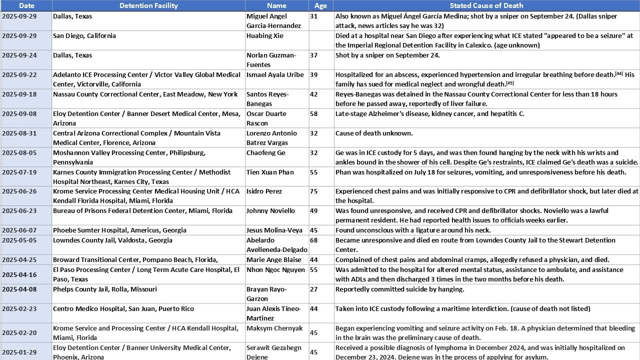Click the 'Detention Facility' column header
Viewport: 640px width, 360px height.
(148, 5)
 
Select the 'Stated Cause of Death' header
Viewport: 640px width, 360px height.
(486, 5)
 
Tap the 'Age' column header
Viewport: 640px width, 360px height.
(320, 5)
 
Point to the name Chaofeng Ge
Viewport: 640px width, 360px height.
(265, 152)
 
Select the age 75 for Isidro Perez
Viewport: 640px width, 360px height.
(314, 191)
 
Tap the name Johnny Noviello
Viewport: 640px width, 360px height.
(270, 210)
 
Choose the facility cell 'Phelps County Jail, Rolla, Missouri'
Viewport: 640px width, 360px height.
(105, 289)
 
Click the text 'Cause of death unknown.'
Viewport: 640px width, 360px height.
(374, 133)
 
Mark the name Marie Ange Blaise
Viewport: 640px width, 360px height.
(274, 259)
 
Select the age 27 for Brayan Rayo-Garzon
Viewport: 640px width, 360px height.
(314, 289)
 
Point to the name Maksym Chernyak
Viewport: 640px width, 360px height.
(274, 328)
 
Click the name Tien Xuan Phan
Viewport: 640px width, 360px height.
(270, 172)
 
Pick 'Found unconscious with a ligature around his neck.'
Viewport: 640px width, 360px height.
(413, 230)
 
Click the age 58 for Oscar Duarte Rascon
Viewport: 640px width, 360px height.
(314, 113)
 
